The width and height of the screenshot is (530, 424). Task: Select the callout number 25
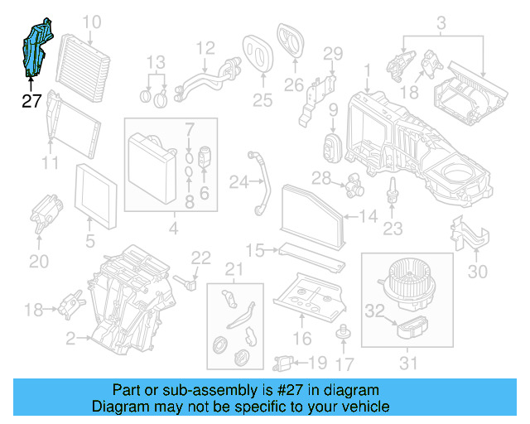(262, 100)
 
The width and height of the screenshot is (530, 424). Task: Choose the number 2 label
(71, 339)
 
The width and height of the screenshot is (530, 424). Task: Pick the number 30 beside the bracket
(479, 271)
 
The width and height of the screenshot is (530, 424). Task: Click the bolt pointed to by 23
(393, 198)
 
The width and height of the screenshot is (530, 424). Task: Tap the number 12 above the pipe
(205, 48)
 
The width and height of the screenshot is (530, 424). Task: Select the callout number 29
(332, 54)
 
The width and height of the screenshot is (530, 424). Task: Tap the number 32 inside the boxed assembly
(376, 311)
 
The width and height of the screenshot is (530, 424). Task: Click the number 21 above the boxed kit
(235, 268)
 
